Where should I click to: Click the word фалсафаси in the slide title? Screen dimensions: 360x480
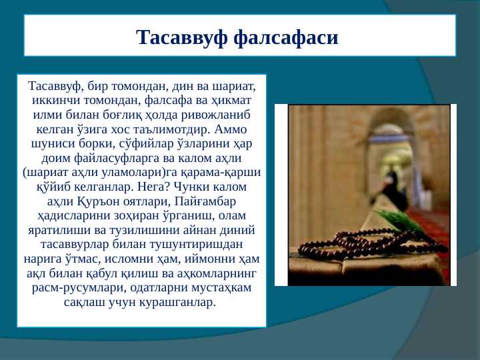pos(286,37)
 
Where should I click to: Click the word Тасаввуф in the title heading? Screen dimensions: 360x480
pos(182,37)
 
